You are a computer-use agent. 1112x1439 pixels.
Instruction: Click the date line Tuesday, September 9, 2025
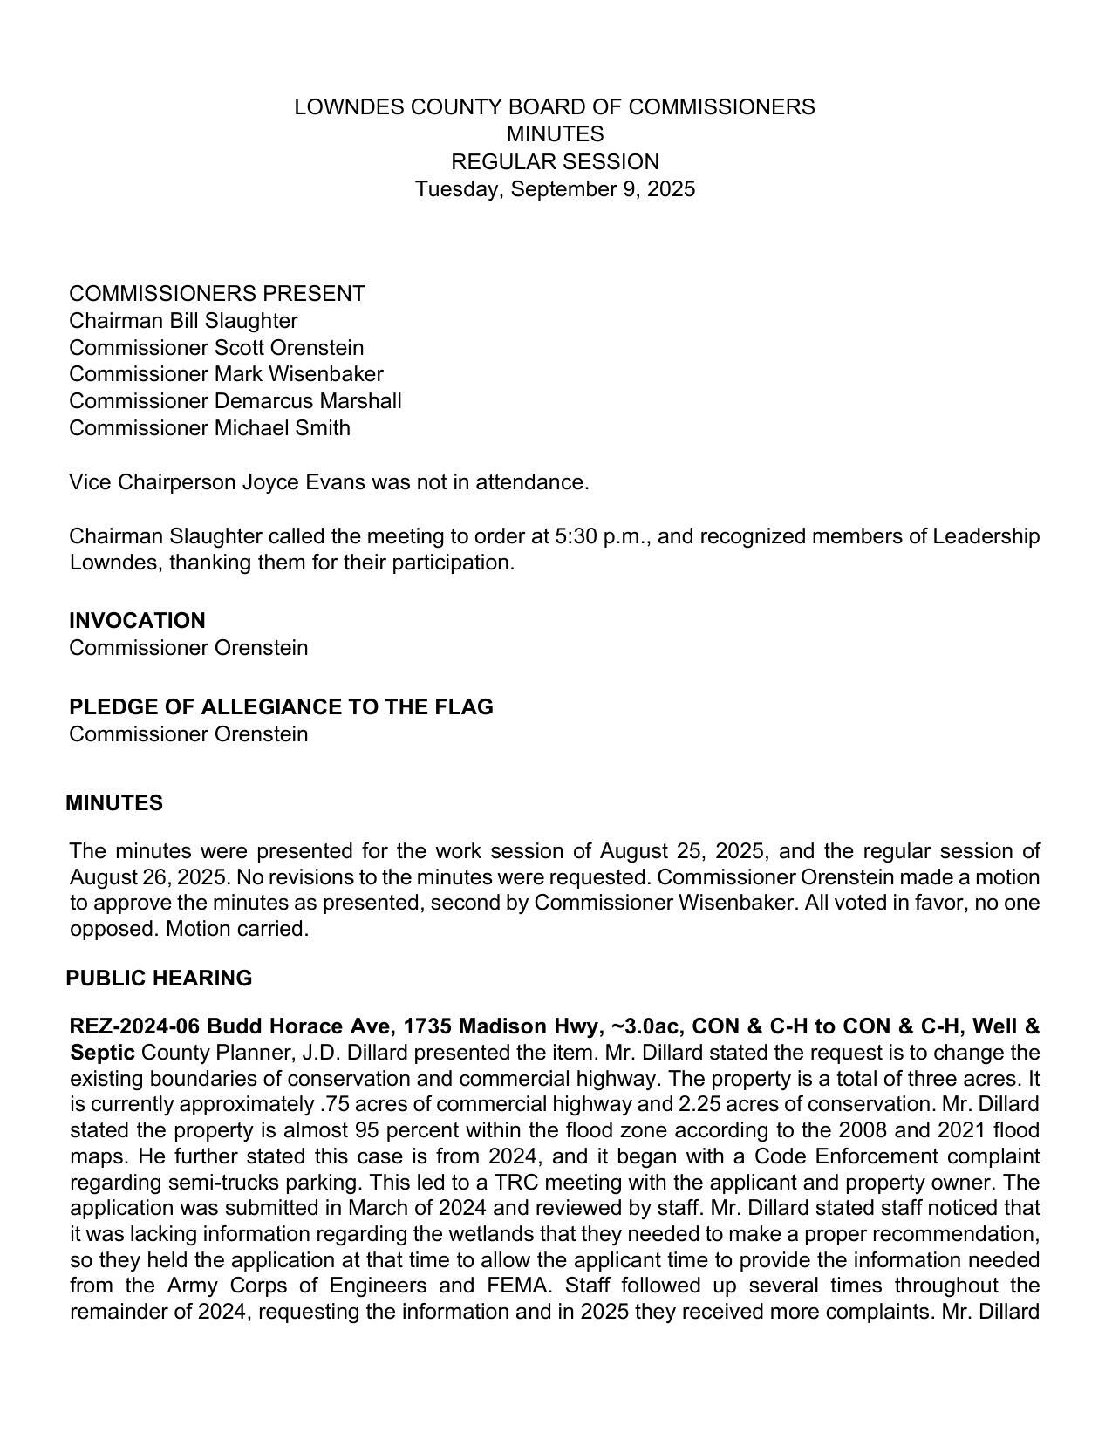coord(555,189)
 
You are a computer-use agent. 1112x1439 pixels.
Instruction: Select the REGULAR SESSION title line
coord(555,162)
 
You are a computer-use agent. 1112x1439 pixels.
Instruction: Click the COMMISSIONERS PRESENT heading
coord(217,294)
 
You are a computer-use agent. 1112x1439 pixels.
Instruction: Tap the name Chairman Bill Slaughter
coord(183,321)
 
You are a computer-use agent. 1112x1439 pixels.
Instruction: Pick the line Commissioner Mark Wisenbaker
coord(226,374)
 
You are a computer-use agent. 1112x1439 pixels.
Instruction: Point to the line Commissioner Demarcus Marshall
coord(235,401)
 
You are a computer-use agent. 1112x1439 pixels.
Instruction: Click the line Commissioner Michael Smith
coord(209,428)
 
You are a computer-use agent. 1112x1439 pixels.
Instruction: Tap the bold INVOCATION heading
coord(137,621)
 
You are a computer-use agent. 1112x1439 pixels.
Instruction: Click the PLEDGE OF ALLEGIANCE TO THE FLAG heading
coord(281,707)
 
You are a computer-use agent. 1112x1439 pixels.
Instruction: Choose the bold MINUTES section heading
coord(114,803)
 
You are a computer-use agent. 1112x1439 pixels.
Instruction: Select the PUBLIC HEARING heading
coord(159,979)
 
